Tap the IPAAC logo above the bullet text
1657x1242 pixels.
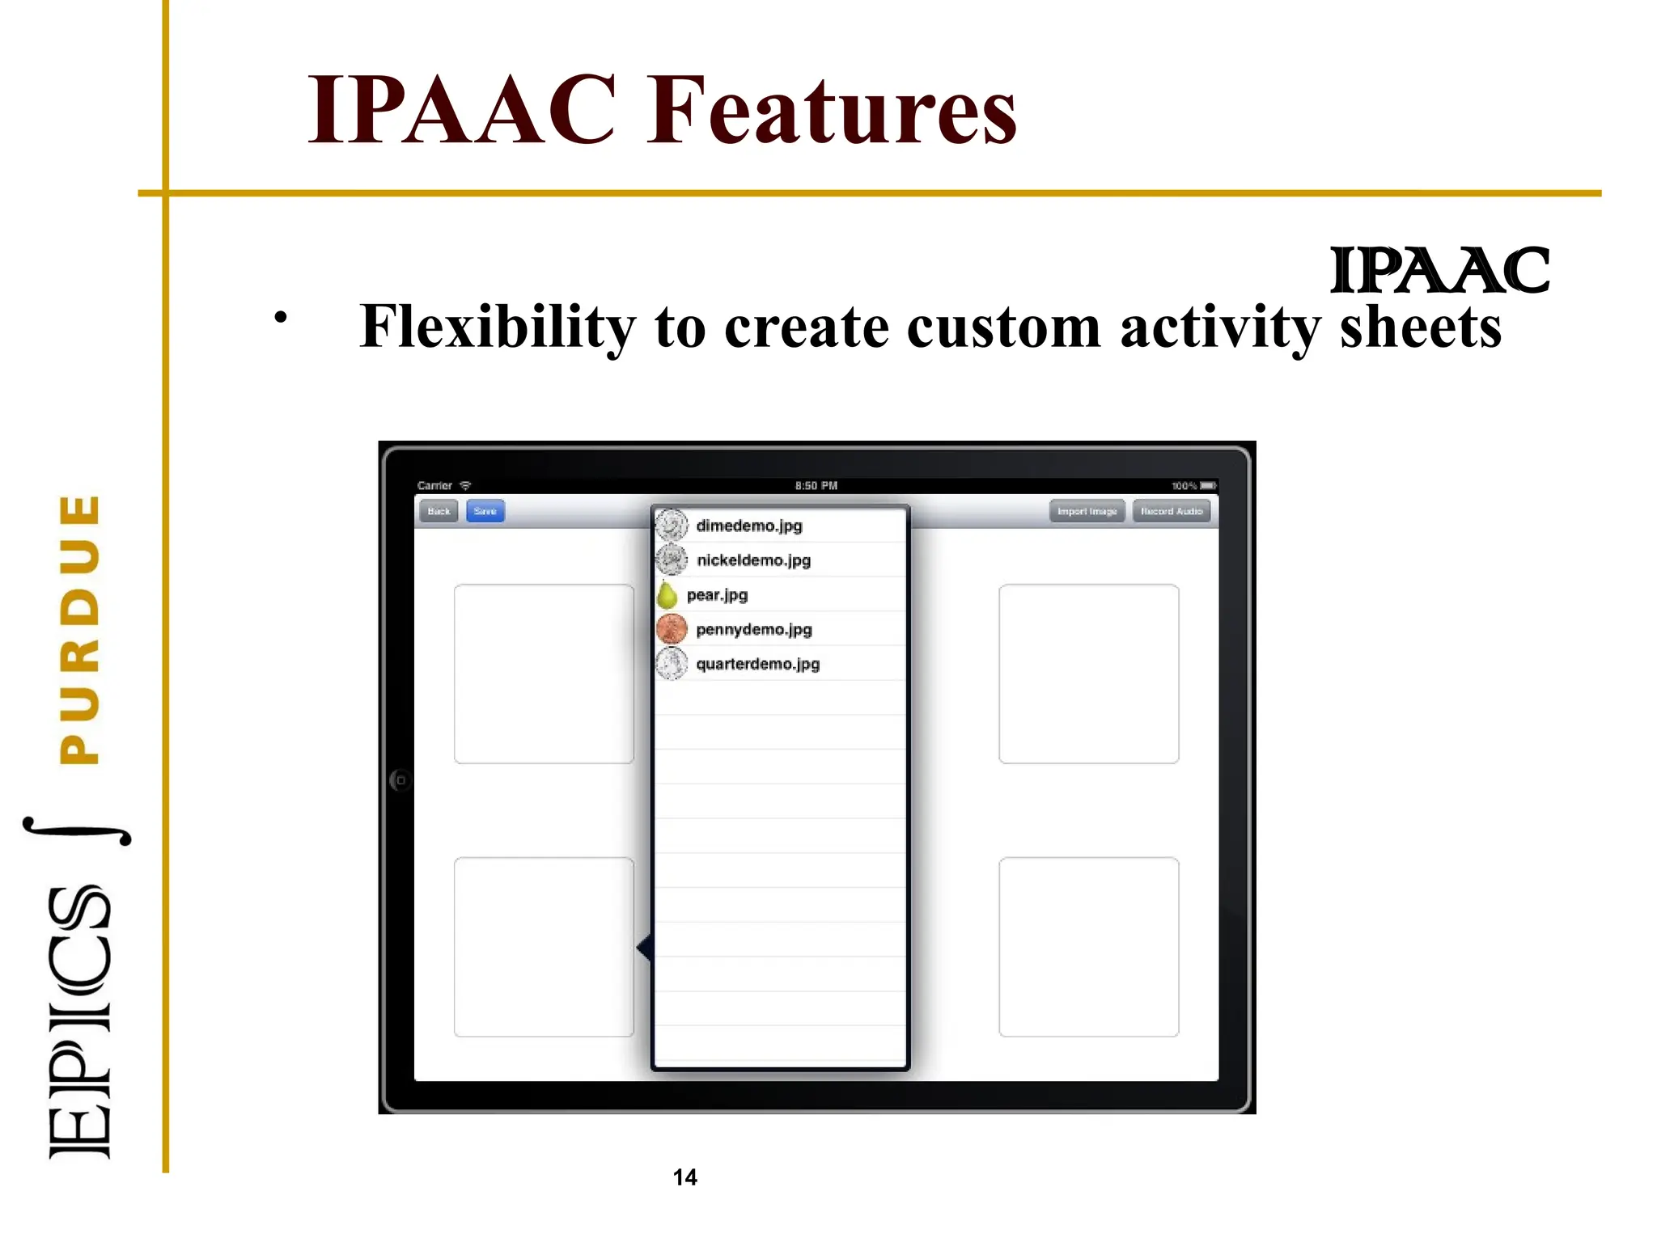pos(1439,271)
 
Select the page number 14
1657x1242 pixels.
pos(684,1177)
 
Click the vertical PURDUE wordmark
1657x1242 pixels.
pos(80,629)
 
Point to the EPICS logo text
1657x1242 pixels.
pos(79,1022)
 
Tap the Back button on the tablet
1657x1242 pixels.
pos(439,511)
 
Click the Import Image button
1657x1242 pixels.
pos(1087,511)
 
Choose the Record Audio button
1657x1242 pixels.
pos(1171,511)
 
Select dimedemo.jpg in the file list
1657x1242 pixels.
pos(748,526)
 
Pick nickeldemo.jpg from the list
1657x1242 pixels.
pos(753,560)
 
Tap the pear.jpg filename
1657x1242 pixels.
pos(717,595)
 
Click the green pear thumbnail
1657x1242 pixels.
pos(667,595)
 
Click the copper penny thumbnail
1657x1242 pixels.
pos(672,629)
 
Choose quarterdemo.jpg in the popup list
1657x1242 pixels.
pos(757,664)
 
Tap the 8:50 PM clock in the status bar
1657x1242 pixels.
pos(816,486)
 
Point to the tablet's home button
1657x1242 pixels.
pos(400,780)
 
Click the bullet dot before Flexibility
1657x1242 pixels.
pos(280,318)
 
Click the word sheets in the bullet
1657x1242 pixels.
pos(1420,327)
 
